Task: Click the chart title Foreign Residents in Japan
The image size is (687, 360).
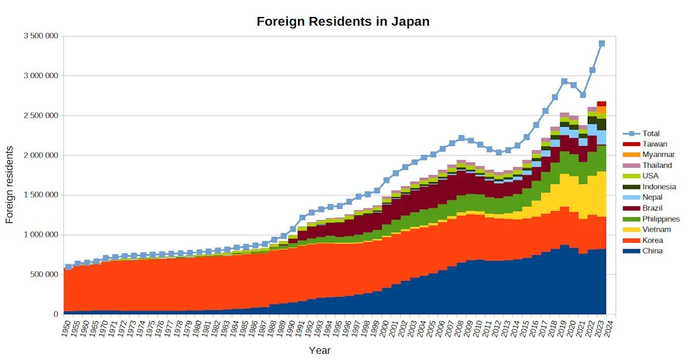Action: coord(343,22)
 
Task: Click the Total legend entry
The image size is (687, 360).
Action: coord(651,134)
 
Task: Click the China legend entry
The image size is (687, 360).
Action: coord(652,251)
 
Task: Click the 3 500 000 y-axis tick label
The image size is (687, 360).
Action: coord(40,36)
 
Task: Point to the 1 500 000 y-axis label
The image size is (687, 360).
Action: coord(40,195)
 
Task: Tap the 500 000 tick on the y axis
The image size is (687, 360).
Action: coord(45,274)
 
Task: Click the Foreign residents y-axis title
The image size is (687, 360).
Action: coord(9,185)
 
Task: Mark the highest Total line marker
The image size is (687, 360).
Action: coord(601,43)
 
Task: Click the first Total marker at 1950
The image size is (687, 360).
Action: coord(69,267)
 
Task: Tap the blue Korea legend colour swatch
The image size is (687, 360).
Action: coord(631,240)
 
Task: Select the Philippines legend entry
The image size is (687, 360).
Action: coord(661,219)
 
